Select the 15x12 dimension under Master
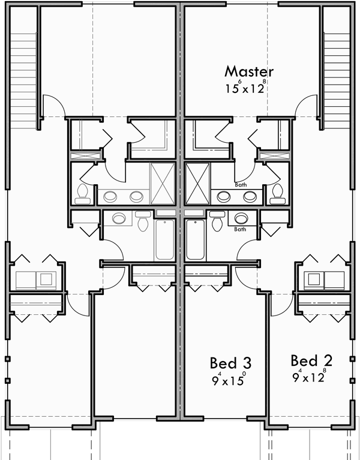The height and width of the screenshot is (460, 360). [245, 89]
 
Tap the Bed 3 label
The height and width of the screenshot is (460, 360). [230, 363]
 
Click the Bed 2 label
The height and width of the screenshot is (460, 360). [311, 360]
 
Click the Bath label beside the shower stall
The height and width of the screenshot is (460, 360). [241, 185]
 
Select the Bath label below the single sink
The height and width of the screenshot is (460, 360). [239, 229]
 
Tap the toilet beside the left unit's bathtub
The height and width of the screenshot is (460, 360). [143, 222]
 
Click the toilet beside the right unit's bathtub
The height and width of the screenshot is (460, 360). [217, 222]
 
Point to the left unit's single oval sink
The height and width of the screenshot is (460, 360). [119, 218]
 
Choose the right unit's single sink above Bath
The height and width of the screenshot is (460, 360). [242, 218]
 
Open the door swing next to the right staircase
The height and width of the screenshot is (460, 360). [307, 105]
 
